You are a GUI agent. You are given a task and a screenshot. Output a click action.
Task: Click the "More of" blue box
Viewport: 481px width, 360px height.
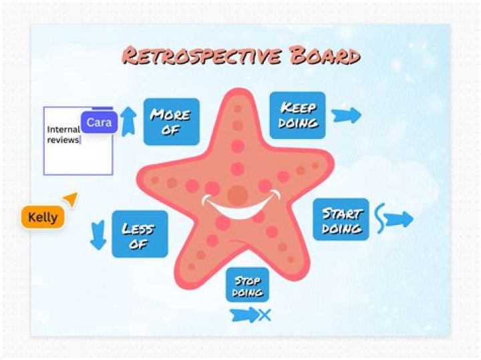coord(172,122)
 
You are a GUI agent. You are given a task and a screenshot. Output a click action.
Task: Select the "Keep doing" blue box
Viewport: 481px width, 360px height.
coord(297,115)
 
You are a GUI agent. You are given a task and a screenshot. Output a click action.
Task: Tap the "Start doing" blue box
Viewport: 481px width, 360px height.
coord(341,219)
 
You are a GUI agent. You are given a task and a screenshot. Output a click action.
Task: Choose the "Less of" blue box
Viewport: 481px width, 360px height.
coord(140,234)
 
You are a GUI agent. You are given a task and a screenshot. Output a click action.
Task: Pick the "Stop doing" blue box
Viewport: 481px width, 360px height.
coord(247,285)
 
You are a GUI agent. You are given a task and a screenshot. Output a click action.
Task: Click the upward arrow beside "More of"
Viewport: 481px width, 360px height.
coord(128,122)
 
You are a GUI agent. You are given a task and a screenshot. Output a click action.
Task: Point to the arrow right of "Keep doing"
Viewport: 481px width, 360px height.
coord(346,116)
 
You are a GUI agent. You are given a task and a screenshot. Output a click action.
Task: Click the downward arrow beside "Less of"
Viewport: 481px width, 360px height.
coord(98,235)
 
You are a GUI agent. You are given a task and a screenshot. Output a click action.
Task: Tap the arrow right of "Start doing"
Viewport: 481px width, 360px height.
coord(398,219)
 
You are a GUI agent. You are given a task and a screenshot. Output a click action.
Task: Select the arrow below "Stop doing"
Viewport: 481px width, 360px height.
coord(245,315)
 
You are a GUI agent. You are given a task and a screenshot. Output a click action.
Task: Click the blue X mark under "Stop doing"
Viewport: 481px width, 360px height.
coord(265,315)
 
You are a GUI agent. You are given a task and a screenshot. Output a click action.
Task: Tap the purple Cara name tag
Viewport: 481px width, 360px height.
coord(99,122)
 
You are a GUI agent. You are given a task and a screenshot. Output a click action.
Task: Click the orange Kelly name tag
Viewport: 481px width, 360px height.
coord(43,217)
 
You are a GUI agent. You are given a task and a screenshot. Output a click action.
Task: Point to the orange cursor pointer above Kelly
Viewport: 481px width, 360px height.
coord(71,199)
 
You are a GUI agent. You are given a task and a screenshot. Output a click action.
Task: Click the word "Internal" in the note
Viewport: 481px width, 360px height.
coord(63,130)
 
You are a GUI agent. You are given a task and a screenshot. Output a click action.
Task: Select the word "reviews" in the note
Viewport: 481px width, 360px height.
coord(63,140)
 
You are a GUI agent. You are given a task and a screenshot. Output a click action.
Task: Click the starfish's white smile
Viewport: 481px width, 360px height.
coord(241,206)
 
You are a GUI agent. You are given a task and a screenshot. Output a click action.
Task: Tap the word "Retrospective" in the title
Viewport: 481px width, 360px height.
coord(202,55)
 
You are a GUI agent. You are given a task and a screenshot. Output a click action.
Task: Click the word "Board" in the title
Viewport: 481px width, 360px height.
coord(325,55)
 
